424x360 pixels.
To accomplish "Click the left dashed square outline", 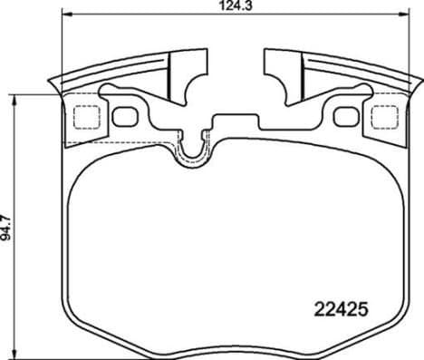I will pyautogui.click(x=85, y=118).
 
